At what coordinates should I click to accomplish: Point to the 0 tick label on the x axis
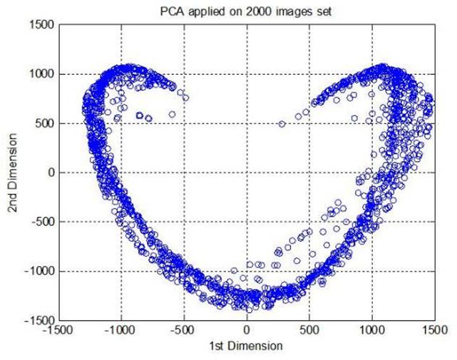(x=247, y=331)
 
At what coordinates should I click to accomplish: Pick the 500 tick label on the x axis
(x=309, y=331)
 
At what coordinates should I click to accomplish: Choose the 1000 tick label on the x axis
(x=372, y=331)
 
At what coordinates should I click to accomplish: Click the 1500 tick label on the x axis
(x=433, y=331)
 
